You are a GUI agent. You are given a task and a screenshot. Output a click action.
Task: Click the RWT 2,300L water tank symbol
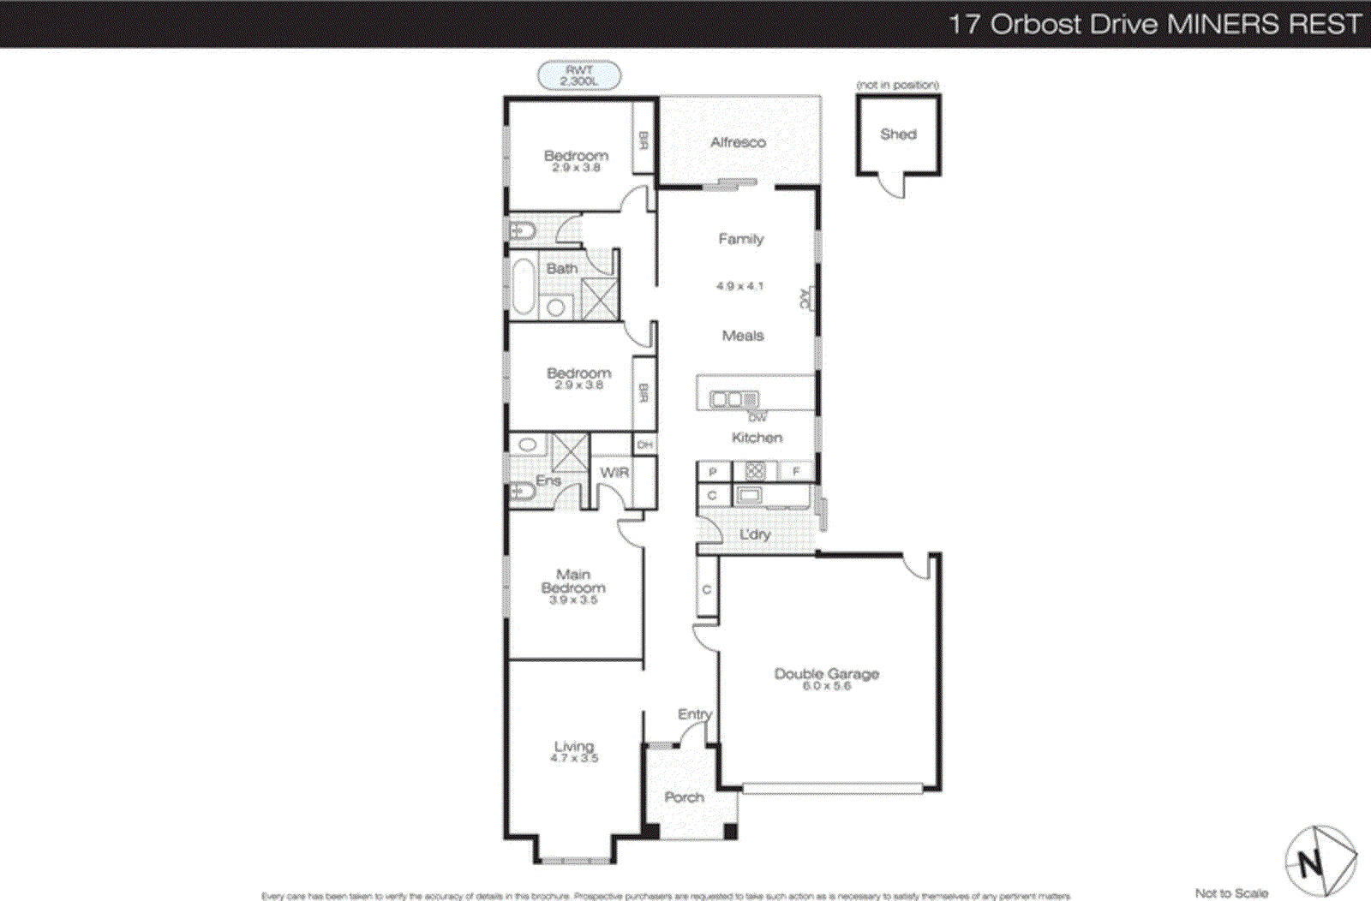point(579,75)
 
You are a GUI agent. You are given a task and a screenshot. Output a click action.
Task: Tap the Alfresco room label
point(738,142)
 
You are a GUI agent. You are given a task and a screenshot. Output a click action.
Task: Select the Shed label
point(898,134)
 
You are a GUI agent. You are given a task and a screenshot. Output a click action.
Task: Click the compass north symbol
point(1320,861)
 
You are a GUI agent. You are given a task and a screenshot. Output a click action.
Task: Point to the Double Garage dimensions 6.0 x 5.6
point(827,686)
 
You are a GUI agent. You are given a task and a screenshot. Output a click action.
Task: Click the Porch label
point(684,797)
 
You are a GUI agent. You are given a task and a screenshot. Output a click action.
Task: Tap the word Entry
point(694,713)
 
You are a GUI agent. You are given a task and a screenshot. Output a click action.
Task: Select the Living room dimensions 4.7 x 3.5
point(574,758)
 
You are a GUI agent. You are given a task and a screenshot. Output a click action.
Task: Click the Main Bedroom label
point(573,581)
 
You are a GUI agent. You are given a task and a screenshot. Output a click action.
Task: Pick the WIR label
point(614,473)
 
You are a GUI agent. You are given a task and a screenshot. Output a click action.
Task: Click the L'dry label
point(755,534)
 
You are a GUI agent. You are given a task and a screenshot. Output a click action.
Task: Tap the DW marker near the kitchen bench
point(757,417)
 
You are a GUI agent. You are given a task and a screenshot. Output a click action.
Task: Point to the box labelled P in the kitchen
point(713,472)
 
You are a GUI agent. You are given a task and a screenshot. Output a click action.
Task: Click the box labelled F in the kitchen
point(796,471)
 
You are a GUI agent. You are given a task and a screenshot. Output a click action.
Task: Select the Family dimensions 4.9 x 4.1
point(739,286)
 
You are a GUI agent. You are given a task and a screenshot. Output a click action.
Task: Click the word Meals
point(743,336)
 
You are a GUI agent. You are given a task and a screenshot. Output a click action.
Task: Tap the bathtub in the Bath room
point(522,287)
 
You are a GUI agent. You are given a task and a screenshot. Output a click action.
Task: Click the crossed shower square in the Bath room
point(599,298)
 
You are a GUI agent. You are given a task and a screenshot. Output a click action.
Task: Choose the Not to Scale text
point(1230,893)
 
